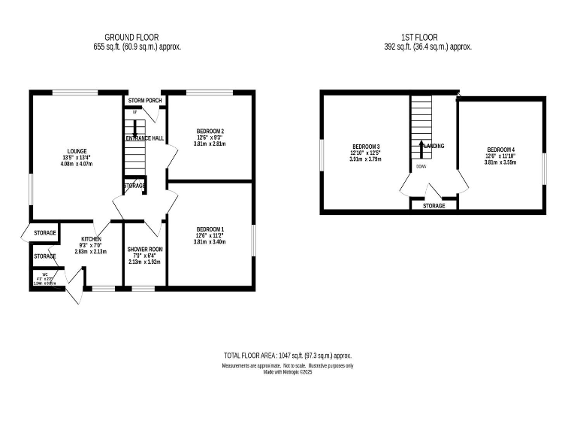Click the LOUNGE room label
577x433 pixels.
point(75,151)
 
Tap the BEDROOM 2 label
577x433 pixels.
point(210,131)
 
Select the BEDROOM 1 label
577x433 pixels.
point(210,229)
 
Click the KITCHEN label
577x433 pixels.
point(91,238)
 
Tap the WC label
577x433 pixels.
point(44,275)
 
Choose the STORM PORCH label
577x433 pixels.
point(144,100)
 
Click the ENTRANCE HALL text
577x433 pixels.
point(144,138)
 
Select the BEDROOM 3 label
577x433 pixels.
point(365,146)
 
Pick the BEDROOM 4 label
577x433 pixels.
point(500,149)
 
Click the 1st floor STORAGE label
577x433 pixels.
point(434,206)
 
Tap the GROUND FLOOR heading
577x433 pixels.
point(131,37)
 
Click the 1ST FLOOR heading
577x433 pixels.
point(420,37)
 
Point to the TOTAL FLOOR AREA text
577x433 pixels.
point(288,356)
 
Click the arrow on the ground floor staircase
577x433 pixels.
point(135,131)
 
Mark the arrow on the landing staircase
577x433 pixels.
point(421,147)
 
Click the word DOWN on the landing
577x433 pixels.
point(421,167)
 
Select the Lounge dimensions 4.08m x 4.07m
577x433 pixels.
point(75,164)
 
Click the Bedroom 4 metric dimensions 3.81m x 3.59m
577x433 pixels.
point(500,162)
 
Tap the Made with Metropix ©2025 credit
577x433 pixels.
point(288,372)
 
